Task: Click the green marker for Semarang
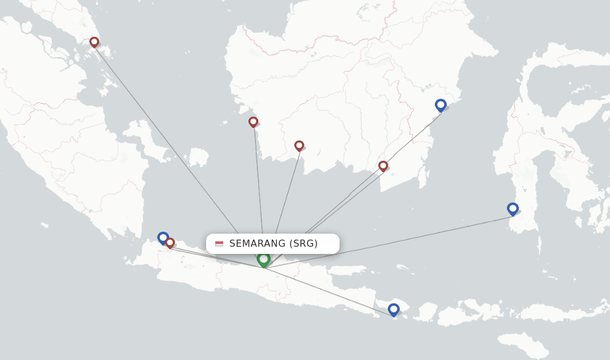click(x=263, y=259)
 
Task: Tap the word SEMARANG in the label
click(x=257, y=243)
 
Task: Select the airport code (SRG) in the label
click(x=304, y=243)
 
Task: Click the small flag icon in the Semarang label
click(x=219, y=243)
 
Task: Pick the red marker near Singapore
click(x=94, y=42)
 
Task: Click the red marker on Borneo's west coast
click(x=253, y=122)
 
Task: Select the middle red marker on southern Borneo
click(x=299, y=145)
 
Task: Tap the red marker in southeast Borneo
click(x=383, y=166)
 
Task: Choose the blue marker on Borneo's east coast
click(x=441, y=105)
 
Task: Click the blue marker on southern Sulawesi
click(x=513, y=209)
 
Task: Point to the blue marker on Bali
click(x=394, y=309)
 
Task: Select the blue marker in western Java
click(x=163, y=237)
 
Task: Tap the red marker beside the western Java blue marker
click(x=170, y=243)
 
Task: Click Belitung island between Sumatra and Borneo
click(x=198, y=157)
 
